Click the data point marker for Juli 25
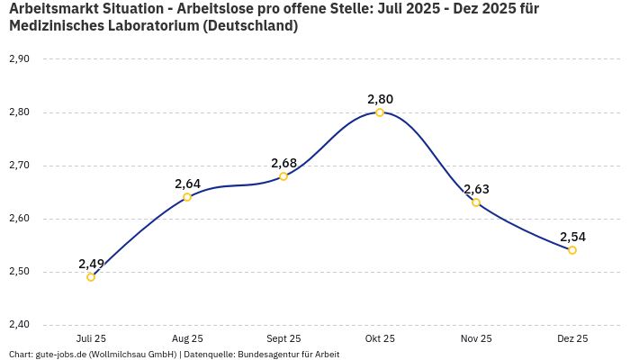[91, 277]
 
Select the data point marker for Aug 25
[187, 197]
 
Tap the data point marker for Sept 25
[283, 176]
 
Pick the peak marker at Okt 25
[380, 112]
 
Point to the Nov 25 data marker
[476, 202]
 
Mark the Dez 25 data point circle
[572, 250]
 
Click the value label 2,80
[380, 99]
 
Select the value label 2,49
[91, 264]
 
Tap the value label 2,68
[283, 163]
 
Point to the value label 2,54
[572, 237]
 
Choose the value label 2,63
[476, 189]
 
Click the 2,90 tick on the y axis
[19, 59]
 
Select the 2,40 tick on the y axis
[19, 325]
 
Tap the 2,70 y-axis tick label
[19, 166]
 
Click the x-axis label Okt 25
[380, 338]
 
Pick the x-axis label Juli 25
[91, 338]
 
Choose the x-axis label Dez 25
[572, 338]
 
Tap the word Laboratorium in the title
[147, 26]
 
